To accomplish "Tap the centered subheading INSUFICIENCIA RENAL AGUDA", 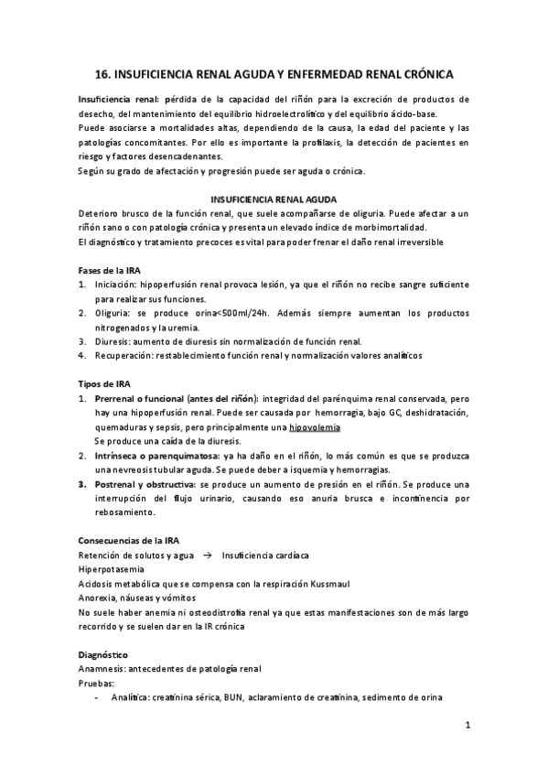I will click(x=274, y=199).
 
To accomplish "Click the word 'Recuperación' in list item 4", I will click(x=125, y=355).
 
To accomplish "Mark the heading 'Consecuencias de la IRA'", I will click(x=134, y=540).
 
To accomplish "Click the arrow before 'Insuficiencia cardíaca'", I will click(x=207, y=555).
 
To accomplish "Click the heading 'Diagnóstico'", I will click(x=103, y=655).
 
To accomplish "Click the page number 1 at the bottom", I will click(x=467, y=726).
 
